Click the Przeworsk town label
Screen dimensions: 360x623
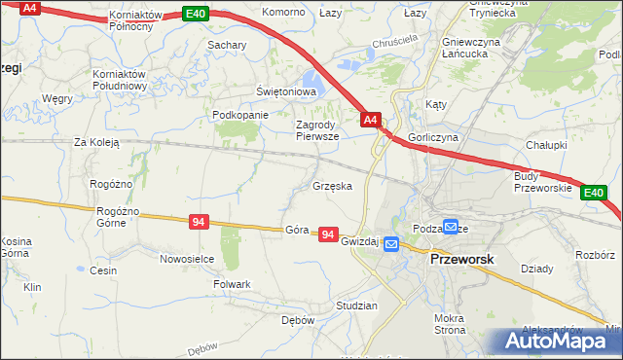click(x=462, y=260)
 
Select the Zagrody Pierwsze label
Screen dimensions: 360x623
click(x=317, y=130)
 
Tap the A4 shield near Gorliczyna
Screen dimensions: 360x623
click(x=370, y=120)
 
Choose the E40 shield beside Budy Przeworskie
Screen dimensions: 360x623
click(x=594, y=194)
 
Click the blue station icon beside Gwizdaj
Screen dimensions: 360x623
click(x=390, y=244)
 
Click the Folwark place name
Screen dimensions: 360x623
click(x=232, y=284)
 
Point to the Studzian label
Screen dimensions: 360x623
click(x=355, y=306)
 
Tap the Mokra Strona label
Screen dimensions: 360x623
click(x=450, y=325)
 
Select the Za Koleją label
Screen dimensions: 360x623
click(x=96, y=142)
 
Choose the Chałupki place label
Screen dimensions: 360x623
click(x=546, y=144)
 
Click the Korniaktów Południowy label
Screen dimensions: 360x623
click(x=119, y=80)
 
